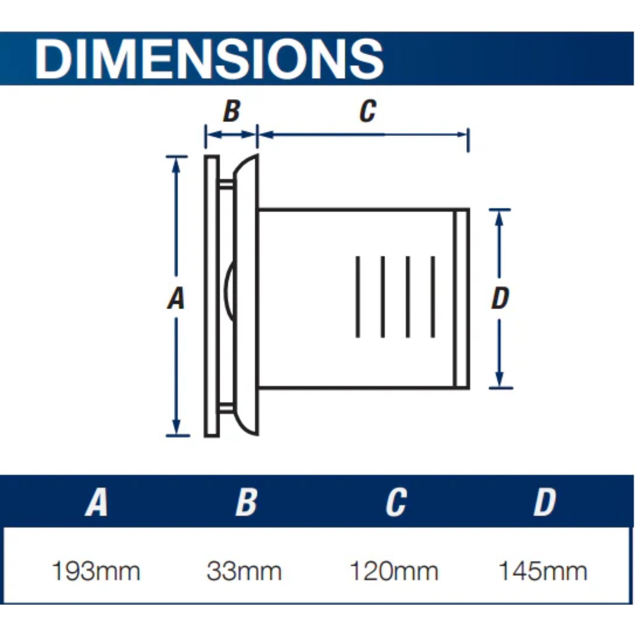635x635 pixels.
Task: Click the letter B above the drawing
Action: [x=232, y=111]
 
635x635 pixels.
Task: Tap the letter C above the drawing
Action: [x=367, y=111]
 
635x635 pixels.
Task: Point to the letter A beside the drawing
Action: [x=176, y=298]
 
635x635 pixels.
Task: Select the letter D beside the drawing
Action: [x=500, y=298]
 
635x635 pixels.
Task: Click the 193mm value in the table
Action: [x=96, y=571]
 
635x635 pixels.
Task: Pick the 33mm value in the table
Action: [x=244, y=571]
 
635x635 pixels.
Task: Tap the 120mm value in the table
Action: [x=394, y=571]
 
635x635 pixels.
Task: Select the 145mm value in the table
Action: [x=543, y=571]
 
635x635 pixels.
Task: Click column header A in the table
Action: [x=96, y=503]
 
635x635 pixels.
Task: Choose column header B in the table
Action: [x=246, y=503]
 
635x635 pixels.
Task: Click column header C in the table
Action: [x=396, y=503]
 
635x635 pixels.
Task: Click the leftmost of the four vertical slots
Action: [x=358, y=297]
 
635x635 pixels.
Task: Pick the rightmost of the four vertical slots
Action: [x=433, y=297]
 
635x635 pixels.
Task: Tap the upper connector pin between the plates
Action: [x=226, y=184]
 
